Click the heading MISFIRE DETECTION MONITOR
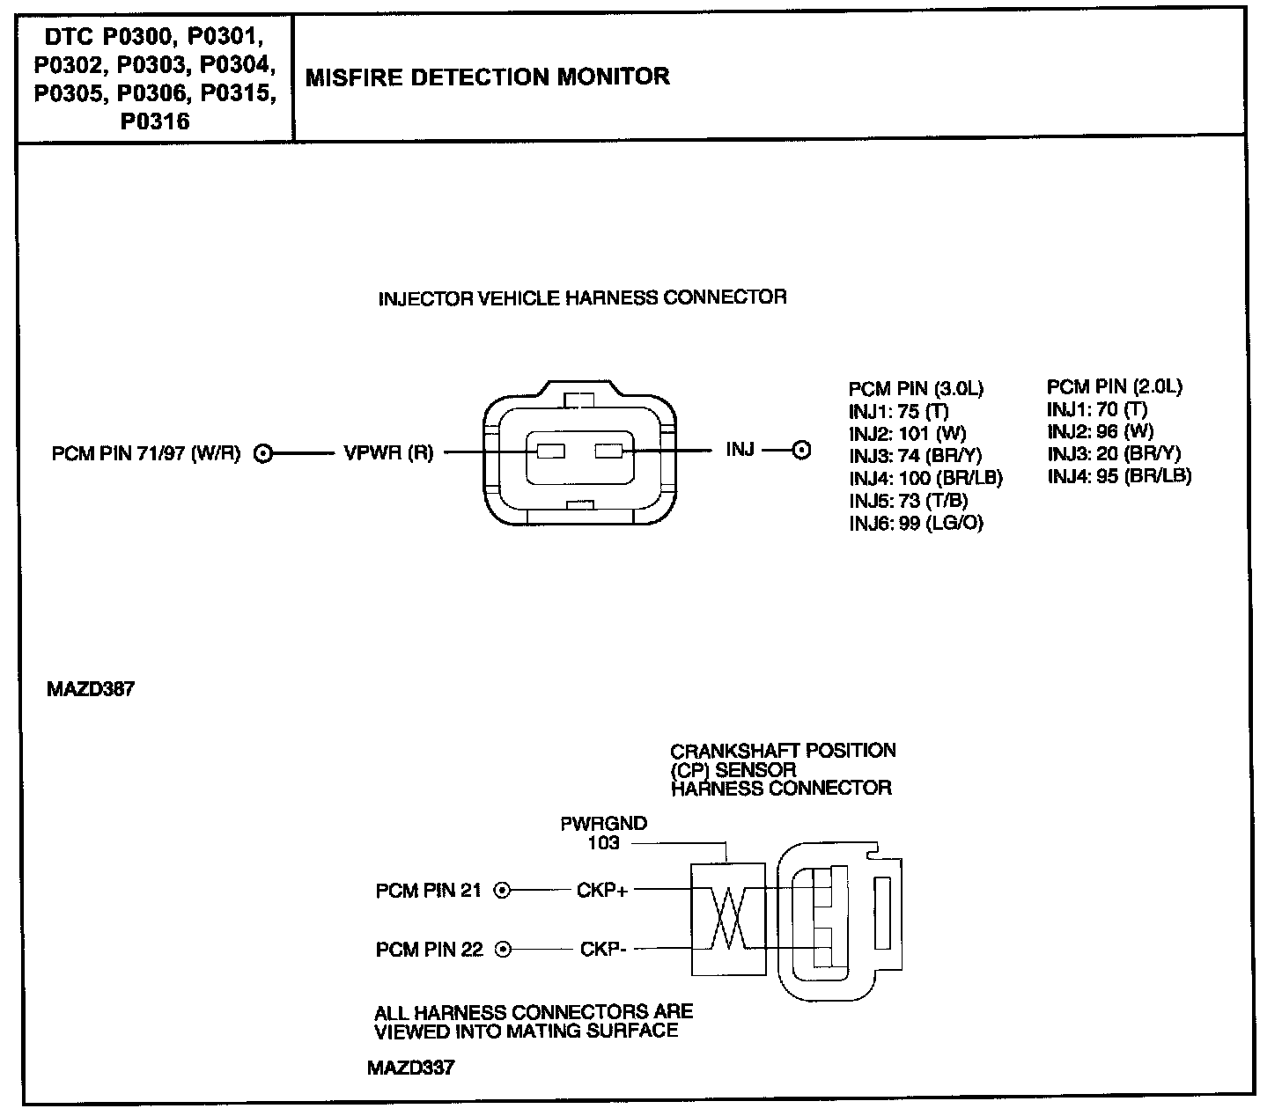coord(487,77)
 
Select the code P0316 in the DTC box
coord(155,121)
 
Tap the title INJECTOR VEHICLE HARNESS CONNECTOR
coord(582,297)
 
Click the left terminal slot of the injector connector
coord(550,452)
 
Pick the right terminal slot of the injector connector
coord(608,452)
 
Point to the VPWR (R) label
coord(388,453)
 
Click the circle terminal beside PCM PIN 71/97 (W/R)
coord(262,454)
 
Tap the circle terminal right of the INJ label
coord(801,451)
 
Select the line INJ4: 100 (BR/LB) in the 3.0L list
coord(925,478)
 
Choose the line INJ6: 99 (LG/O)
coord(916,523)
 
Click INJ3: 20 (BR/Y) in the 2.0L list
coord(1113,453)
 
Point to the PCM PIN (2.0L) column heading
coord(1114,386)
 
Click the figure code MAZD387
coord(91,689)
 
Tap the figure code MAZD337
coord(411,1068)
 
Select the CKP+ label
coord(602,891)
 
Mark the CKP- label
coord(603,950)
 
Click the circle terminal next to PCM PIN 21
coord(502,891)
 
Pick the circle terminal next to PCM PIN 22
coord(503,950)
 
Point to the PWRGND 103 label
coord(604,833)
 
